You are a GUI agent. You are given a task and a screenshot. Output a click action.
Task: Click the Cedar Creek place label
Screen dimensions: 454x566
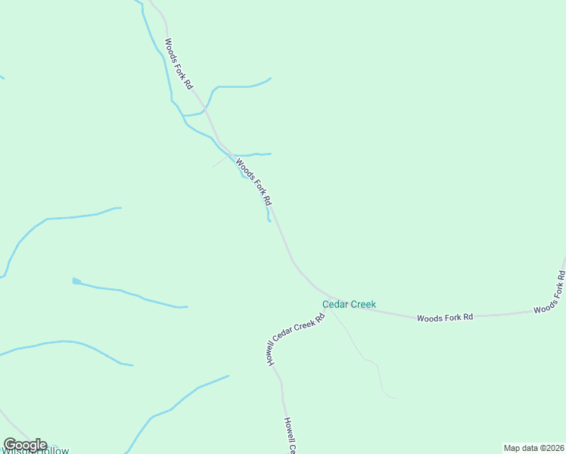tap(349, 304)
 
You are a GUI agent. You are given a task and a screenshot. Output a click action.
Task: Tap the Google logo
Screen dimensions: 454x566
tap(25, 445)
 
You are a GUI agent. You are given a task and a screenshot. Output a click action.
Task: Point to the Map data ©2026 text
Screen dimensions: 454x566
tap(534, 448)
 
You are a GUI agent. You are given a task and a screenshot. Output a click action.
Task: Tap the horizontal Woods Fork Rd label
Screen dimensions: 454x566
tap(445, 317)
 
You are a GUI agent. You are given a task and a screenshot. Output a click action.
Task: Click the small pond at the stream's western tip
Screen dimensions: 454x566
tap(76, 281)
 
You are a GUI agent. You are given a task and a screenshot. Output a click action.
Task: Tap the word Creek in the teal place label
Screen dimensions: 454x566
tap(362, 304)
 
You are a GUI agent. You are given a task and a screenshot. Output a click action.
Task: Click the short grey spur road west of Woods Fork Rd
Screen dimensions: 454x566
tap(222, 160)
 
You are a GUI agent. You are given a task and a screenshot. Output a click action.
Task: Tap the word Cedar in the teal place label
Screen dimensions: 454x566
tap(335, 304)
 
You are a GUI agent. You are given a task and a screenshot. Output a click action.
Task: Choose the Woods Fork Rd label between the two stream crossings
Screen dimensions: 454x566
tap(253, 182)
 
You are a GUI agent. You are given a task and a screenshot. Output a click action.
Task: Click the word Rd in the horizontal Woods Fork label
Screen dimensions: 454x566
tap(468, 316)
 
